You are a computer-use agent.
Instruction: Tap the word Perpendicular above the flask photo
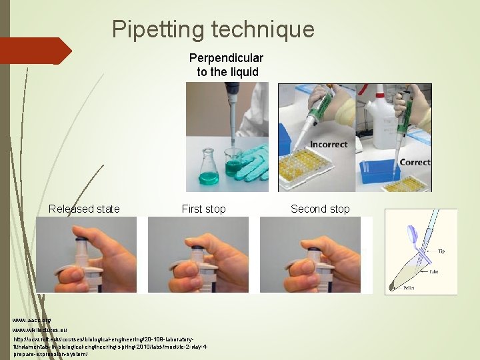coord(226,58)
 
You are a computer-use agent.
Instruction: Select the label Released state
coord(84,209)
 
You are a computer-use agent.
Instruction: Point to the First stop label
coord(203,209)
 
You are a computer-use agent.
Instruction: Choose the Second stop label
coord(320,209)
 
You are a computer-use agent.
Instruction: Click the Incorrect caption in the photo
coord(328,145)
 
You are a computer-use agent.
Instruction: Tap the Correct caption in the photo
coord(414,162)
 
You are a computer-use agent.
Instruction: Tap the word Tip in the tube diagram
coord(441,251)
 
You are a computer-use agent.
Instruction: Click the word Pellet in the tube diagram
coord(408,288)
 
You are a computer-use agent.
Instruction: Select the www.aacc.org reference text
coord(31,321)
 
